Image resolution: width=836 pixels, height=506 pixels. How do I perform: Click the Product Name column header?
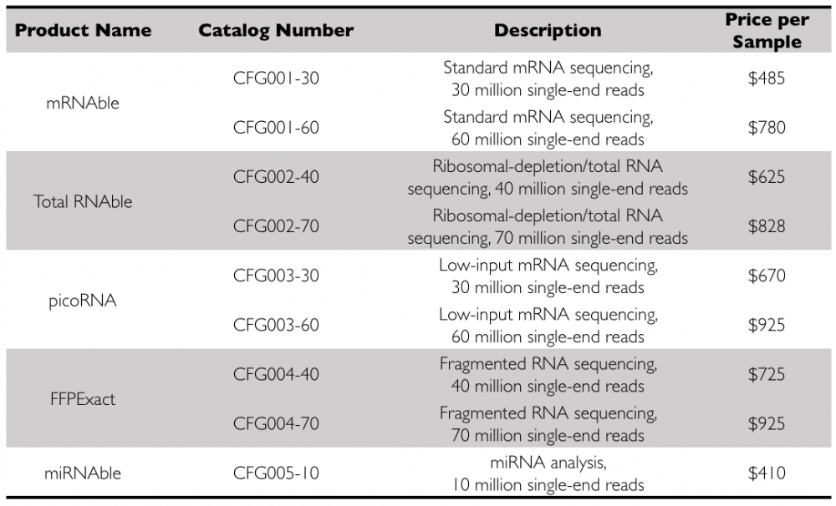pos(83,31)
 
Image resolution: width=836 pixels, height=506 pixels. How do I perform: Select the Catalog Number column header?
pos(276,31)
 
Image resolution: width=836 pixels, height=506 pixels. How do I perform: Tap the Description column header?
pos(548,31)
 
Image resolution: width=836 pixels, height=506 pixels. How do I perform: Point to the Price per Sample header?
pos(767,31)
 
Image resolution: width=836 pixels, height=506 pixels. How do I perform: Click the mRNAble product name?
pos(83,104)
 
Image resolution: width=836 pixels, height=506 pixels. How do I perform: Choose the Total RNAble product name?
pos(83,201)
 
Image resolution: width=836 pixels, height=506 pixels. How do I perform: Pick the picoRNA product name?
pos(83,301)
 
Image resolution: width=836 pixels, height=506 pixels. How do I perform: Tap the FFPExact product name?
pos(83,399)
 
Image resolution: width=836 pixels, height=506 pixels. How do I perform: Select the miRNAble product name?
pos(83,473)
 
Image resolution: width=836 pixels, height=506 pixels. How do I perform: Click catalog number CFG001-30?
pos(276,78)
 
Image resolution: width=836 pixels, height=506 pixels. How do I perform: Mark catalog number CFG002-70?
pos(276,226)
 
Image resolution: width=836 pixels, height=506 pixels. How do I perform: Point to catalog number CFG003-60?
pos(276,325)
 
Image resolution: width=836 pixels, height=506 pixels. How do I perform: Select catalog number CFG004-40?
pos(276,374)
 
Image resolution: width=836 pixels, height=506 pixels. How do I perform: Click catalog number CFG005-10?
pos(276,473)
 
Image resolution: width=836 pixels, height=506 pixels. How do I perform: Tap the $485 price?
pos(767,78)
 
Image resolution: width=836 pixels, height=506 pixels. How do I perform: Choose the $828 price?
pos(767,226)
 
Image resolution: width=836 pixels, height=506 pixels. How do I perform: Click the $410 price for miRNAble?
pos(767,473)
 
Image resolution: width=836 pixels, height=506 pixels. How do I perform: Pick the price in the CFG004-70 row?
pos(767,423)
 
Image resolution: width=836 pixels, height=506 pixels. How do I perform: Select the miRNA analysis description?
pos(548,473)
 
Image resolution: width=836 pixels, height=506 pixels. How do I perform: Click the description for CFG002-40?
pos(548,177)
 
